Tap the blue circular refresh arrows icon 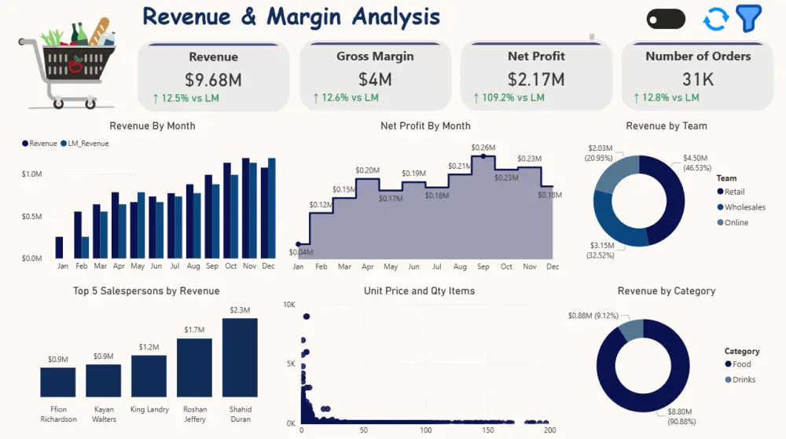pyautogui.click(x=715, y=19)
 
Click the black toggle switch pyautogui.click(x=667, y=20)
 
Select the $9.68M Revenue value pyautogui.click(x=213, y=79)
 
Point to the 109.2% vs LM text pyautogui.click(x=512, y=97)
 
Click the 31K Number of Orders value pyautogui.click(x=698, y=79)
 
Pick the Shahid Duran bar pyautogui.click(x=240, y=357)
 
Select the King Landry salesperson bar pyautogui.click(x=149, y=376)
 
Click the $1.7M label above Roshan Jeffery pyautogui.click(x=194, y=329)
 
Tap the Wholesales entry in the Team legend pyautogui.click(x=741, y=207)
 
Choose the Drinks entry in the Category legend pyautogui.click(x=740, y=379)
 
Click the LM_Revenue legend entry pyautogui.click(x=85, y=143)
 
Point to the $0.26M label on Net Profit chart pyautogui.click(x=483, y=148)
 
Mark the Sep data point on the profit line pyautogui.click(x=483, y=156)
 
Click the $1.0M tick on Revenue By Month pyautogui.click(x=31, y=174)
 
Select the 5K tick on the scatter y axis pyautogui.click(x=291, y=364)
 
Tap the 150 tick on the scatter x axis pyautogui.click(x=488, y=430)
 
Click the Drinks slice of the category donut pyautogui.click(x=632, y=329)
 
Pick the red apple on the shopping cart pyautogui.click(x=75, y=64)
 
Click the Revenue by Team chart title pyautogui.click(x=667, y=126)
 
